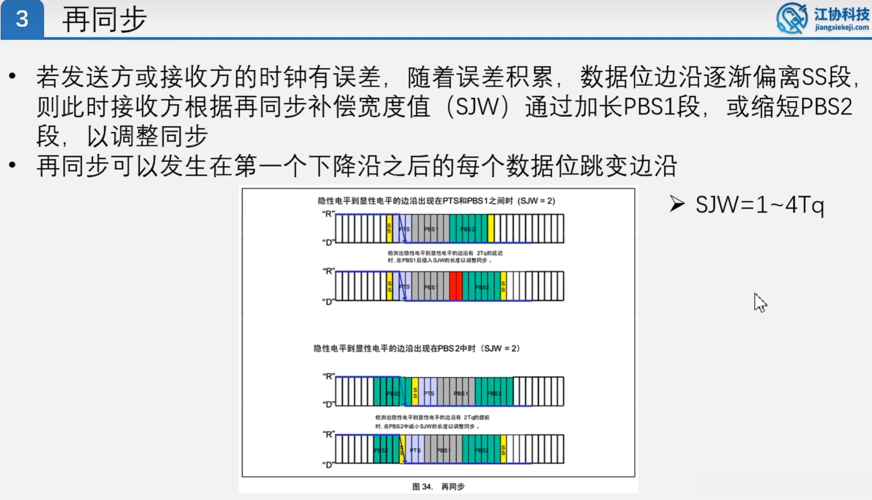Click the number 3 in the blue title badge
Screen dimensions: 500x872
coord(22,19)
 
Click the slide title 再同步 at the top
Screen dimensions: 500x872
coord(104,20)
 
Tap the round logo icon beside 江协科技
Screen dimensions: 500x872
coord(791,18)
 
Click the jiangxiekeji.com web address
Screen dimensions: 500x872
coord(842,28)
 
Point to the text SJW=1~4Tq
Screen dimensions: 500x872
coord(759,205)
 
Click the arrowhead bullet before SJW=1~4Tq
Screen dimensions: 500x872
coord(677,204)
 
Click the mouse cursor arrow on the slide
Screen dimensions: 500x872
coord(759,302)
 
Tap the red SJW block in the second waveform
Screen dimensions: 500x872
coord(456,286)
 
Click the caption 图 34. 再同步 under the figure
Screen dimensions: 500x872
coord(438,486)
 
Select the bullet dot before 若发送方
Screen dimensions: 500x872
coord(13,76)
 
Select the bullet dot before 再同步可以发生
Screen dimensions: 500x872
coord(13,165)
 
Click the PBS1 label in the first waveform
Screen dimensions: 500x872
coord(430,229)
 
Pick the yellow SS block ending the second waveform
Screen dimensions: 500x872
coord(503,286)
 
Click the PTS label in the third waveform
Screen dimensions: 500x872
coord(429,393)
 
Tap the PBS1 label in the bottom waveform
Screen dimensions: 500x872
coord(443,450)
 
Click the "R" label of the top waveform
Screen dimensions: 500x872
coord(328,214)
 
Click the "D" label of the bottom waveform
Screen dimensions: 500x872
coord(328,465)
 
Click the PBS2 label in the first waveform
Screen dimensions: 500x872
coord(467,229)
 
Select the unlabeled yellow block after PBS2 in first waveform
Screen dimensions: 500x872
coord(491,228)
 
